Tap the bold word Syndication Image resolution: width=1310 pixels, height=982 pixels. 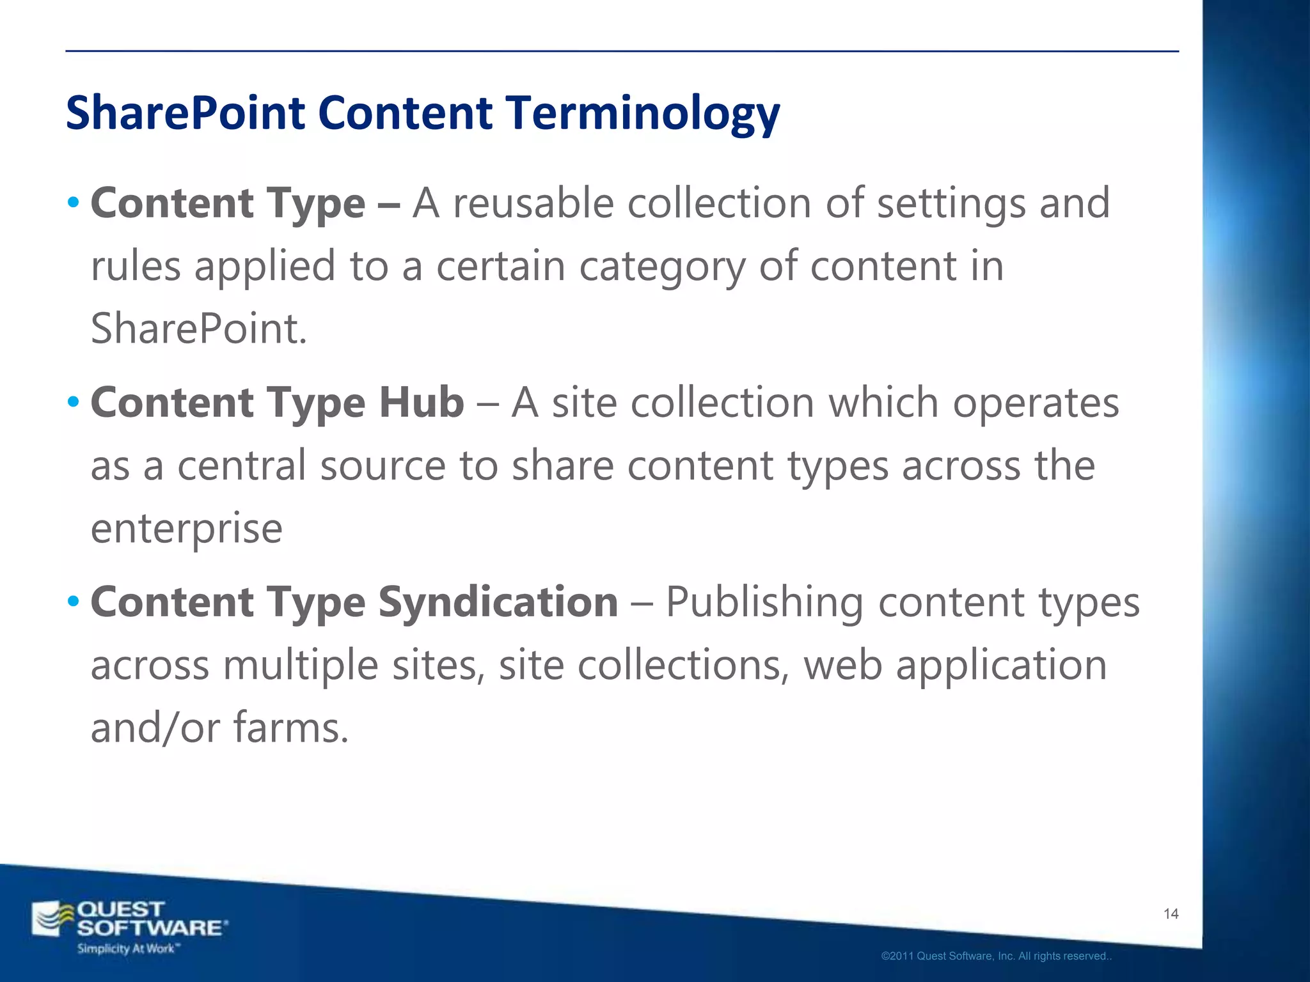(498, 603)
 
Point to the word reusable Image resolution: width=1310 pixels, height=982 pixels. (533, 203)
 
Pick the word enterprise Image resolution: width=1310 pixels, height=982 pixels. (186, 529)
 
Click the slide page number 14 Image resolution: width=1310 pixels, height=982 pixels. (1171, 914)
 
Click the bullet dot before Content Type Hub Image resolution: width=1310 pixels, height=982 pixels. (74, 403)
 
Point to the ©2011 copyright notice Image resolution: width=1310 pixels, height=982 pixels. (996, 956)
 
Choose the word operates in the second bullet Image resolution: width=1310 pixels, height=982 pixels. (1036, 403)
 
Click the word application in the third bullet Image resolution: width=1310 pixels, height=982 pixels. (1001, 666)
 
